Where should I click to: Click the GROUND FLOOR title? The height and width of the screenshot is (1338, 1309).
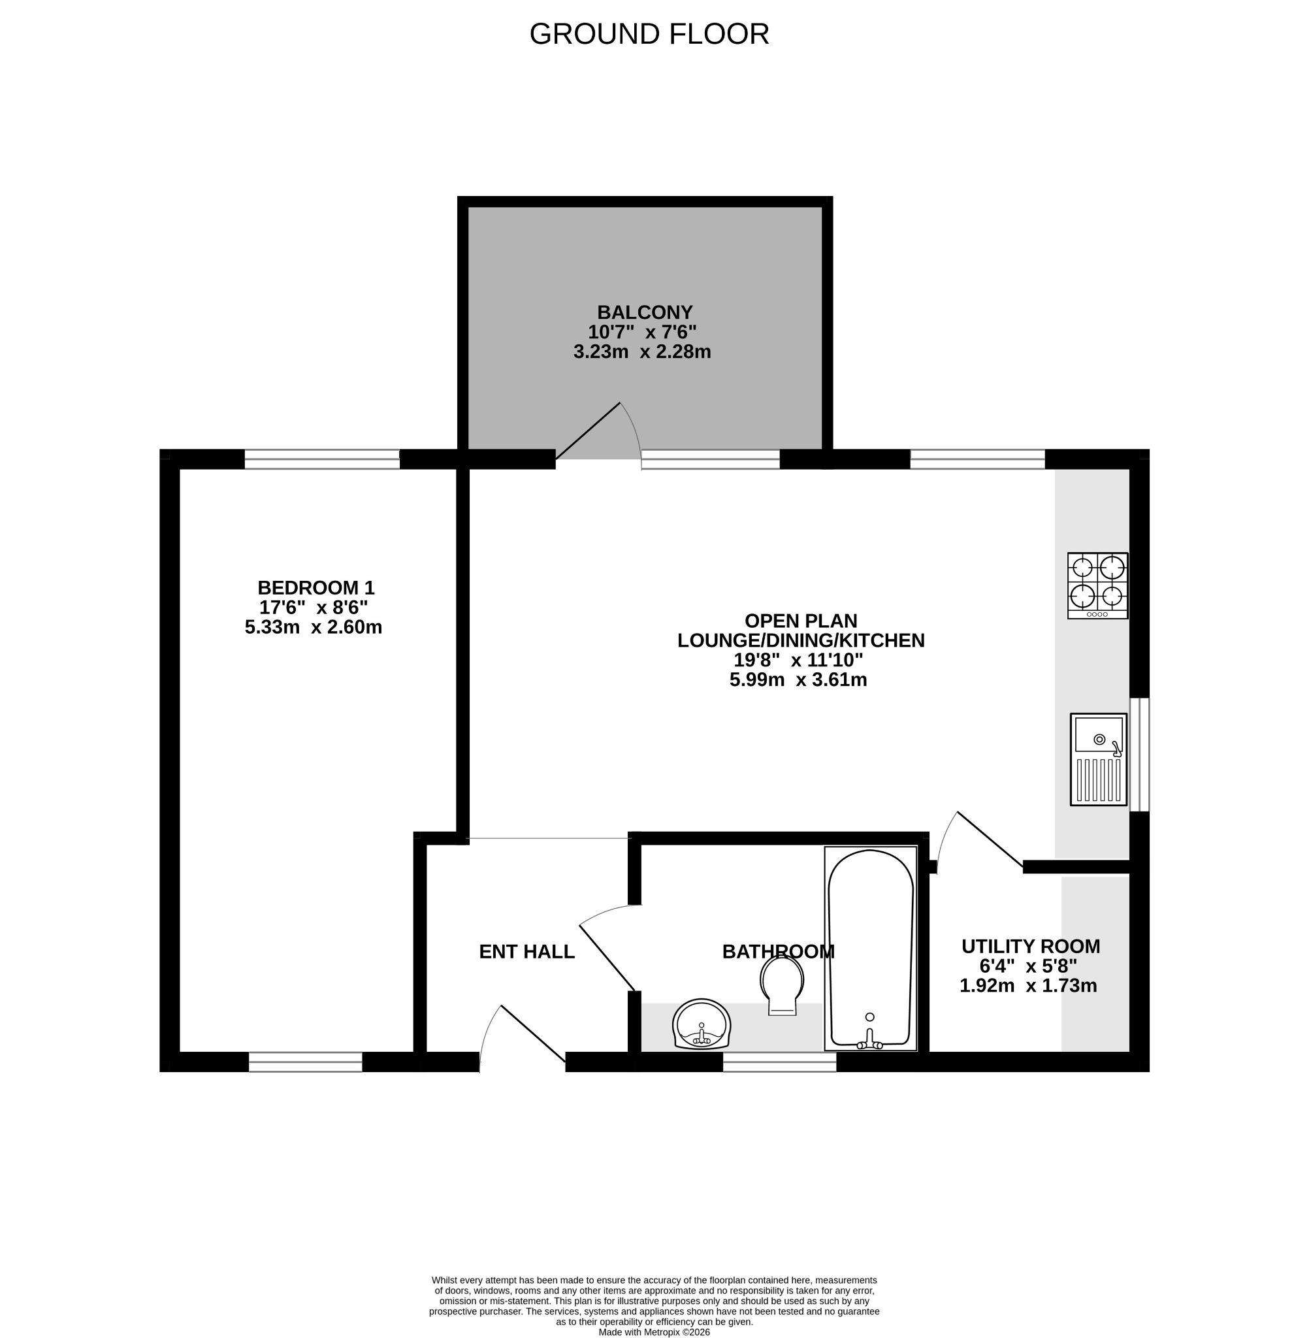click(649, 35)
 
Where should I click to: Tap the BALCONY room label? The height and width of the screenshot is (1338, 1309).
click(644, 313)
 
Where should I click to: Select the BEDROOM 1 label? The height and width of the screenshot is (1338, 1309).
click(315, 588)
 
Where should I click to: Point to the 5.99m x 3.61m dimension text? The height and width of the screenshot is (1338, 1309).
click(798, 680)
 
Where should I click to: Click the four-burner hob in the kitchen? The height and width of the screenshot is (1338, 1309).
click(1097, 586)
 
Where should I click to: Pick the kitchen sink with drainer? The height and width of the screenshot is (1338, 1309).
click(1099, 759)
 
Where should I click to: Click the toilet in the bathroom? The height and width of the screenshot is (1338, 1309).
click(783, 985)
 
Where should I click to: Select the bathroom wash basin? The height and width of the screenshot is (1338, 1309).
click(702, 1024)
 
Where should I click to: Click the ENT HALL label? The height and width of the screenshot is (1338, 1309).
click(526, 952)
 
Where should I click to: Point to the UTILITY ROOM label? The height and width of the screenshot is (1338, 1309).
click(1030, 947)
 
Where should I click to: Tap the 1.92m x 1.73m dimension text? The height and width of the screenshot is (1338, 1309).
click(1028, 986)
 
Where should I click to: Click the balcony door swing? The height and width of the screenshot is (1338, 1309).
click(598, 432)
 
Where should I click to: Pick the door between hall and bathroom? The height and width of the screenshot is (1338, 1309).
click(607, 948)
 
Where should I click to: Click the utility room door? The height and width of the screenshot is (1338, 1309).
click(980, 841)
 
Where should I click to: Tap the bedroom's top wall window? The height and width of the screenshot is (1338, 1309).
click(322, 459)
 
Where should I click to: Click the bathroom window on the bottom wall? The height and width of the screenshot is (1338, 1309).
click(780, 1062)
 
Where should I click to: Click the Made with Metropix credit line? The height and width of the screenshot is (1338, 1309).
click(654, 1332)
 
